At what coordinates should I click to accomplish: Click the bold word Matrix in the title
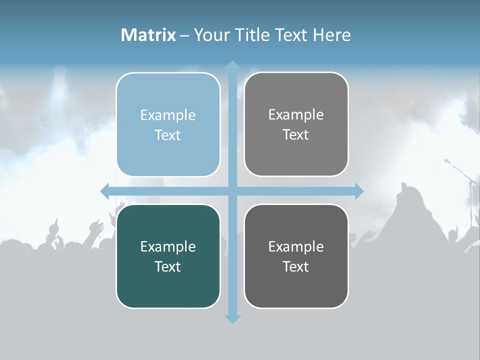pos(148,35)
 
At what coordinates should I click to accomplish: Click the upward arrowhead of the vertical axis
pos(232,65)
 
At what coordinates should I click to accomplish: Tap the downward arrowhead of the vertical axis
pos(232,318)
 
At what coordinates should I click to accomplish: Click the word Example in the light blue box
pos(168,115)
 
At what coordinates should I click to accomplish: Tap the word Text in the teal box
pos(168,266)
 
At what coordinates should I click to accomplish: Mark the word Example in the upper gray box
pos(296,114)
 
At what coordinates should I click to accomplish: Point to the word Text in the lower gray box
pos(296,266)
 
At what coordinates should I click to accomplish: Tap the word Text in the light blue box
pos(168,135)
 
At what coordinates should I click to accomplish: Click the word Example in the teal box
pos(168,246)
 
